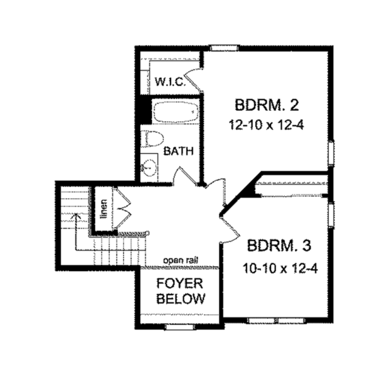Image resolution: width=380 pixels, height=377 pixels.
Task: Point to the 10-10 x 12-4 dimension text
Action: tap(279, 268)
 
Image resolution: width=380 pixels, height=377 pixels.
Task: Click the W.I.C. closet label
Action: tap(169, 81)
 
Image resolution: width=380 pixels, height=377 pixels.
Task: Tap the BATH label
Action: tap(178, 152)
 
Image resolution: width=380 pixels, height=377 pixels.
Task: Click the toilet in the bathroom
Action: tap(152, 139)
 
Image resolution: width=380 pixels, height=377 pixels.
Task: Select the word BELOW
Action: tap(180, 299)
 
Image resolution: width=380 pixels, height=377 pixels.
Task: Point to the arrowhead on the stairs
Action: tap(75, 216)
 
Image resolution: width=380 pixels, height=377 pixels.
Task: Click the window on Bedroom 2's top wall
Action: tap(224, 48)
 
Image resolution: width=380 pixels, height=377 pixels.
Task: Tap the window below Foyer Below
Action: tap(175, 327)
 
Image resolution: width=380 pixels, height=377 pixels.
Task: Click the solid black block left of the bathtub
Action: tap(145, 112)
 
